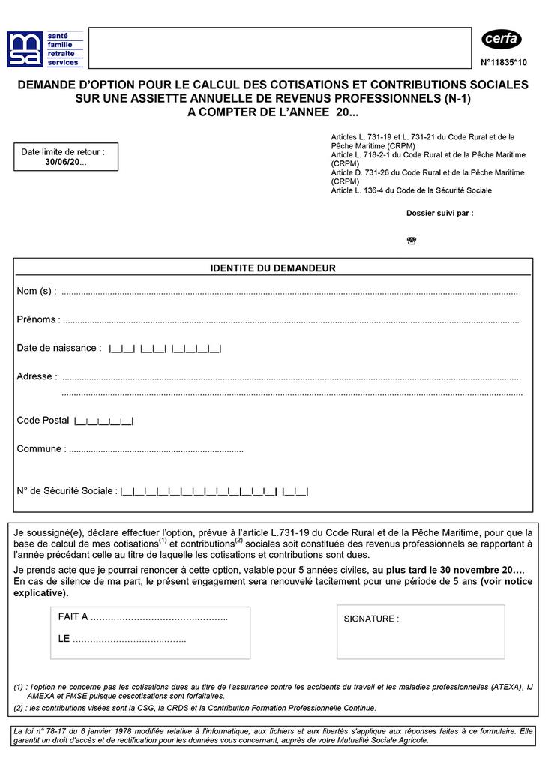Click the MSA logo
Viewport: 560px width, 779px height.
(x=25, y=49)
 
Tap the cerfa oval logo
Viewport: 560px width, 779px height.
(x=501, y=39)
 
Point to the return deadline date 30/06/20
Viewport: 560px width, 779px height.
(x=65, y=162)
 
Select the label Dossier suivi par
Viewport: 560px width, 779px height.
(x=439, y=213)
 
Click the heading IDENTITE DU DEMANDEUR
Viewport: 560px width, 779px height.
(x=273, y=268)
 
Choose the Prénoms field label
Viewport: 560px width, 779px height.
(x=36, y=319)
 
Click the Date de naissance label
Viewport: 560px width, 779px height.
(x=58, y=348)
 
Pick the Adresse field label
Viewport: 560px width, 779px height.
(x=36, y=376)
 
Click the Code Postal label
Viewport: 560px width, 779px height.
(x=43, y=421)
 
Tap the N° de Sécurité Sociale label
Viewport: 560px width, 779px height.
(x=66, y=491)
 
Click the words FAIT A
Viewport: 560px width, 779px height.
(x=73, y=616)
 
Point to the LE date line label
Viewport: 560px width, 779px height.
(x=64, y=639)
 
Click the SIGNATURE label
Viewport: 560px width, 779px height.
(x=371, y=619)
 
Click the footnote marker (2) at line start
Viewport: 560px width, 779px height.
(x=18, y=708)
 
